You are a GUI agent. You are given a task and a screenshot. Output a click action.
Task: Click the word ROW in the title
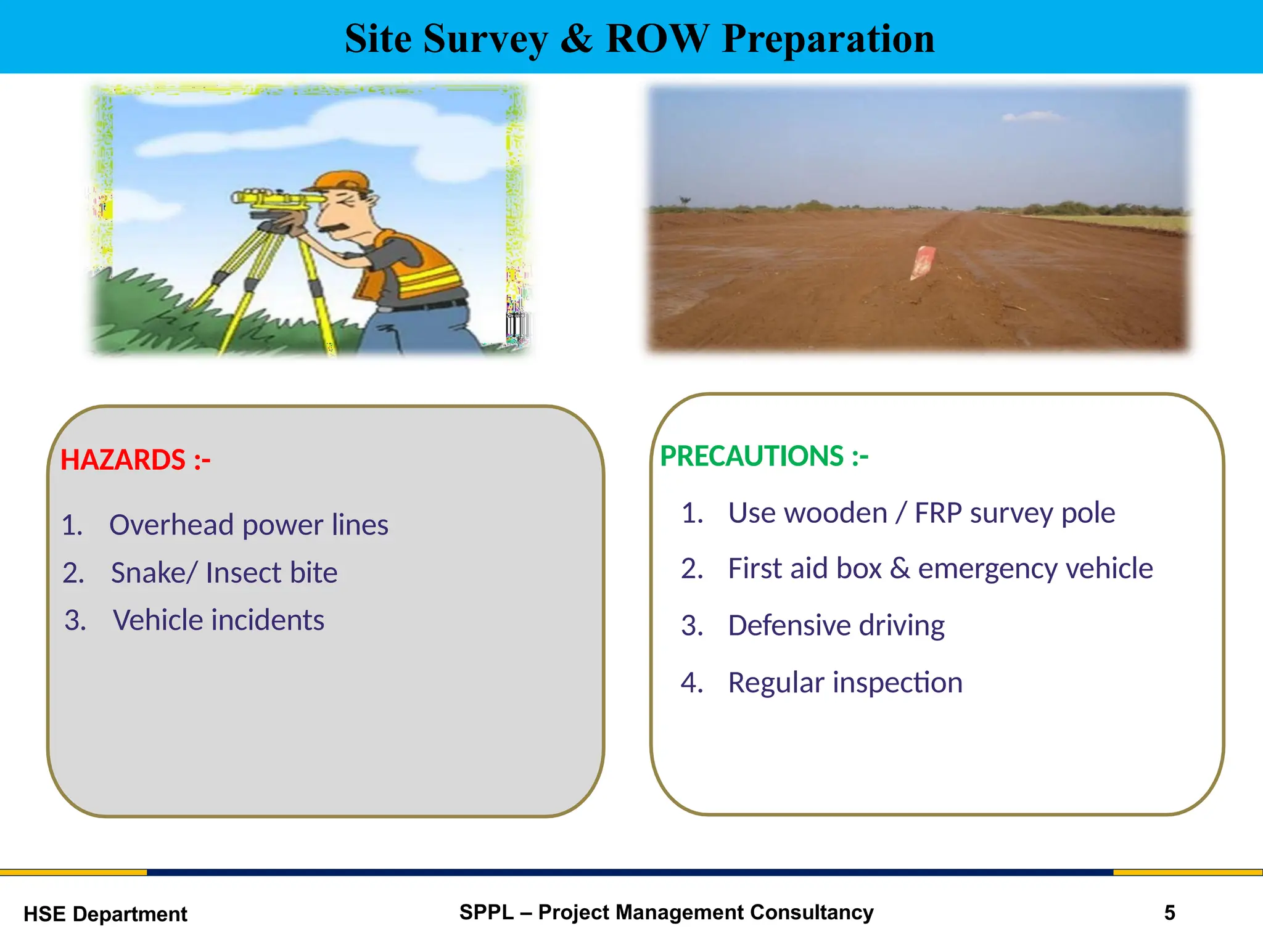(657, 39)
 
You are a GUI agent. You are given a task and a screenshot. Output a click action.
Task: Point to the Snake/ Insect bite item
(224, 573)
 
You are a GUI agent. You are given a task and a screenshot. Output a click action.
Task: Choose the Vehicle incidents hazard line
(218, 620)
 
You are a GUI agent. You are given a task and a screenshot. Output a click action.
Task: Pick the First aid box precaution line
(940, 568)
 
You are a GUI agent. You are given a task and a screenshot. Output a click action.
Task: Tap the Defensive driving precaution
(836, 626)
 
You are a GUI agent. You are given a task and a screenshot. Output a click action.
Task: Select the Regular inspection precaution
(845, 683)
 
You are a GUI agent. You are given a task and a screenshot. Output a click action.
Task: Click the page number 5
(1169, 913)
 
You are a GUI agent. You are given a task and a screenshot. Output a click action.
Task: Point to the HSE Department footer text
(105, 914)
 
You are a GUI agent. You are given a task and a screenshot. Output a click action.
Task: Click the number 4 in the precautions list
(691, 683)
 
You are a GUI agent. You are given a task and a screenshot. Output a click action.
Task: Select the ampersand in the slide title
(577, 39)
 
